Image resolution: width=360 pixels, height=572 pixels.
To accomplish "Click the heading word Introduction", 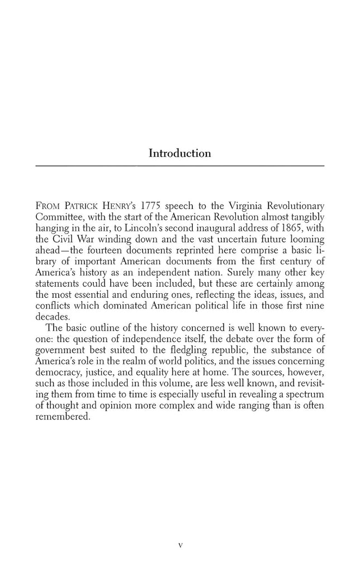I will (x=179, y=153).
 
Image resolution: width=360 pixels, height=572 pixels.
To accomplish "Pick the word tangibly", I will (x=306, y=217).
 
